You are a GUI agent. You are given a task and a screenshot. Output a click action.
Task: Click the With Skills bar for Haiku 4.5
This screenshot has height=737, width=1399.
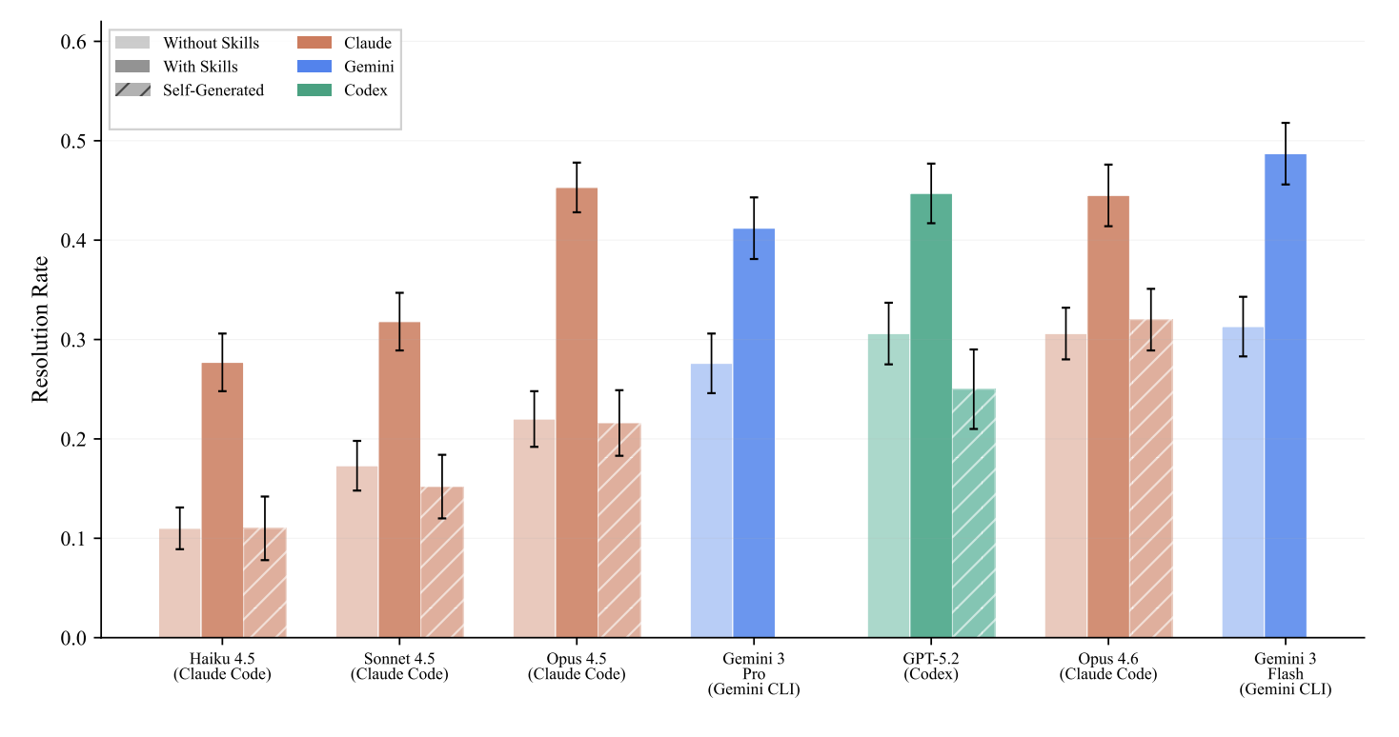(x=222, y=500)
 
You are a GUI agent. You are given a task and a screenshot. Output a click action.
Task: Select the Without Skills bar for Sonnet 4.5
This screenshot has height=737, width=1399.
(x=357, y=551)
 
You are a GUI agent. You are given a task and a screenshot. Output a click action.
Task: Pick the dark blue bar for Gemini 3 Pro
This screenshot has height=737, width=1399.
(x=754, y=433)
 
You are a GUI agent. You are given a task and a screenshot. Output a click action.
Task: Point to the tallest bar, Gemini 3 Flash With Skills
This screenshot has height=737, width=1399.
(x=1286, y=396)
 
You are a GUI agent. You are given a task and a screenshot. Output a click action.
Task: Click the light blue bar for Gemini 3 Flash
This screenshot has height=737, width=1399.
(x=1243, y=482)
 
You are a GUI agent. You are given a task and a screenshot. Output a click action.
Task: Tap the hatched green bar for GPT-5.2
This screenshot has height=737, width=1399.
(x=973, y=513)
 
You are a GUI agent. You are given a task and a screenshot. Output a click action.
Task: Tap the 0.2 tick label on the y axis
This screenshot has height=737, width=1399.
(x=74, y=439)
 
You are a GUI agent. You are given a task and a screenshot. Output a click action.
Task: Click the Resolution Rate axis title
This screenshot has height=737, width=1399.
(x=40, y=329)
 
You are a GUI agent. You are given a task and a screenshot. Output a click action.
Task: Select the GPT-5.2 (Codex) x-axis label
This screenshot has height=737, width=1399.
(x=931, y=667)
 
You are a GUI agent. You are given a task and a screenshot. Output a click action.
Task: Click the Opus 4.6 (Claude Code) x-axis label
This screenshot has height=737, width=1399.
(x=1108, y=667)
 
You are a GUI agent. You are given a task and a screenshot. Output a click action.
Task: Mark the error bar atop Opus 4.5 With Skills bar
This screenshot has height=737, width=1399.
(x=577, y=188)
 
